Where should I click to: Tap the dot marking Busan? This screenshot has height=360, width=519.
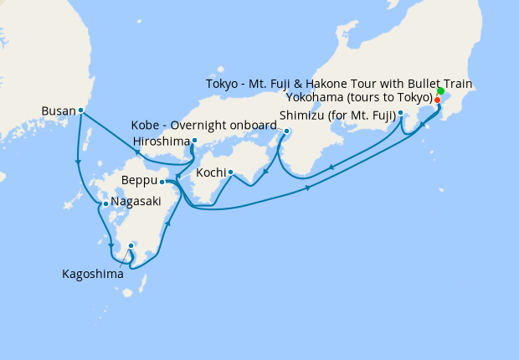[x=80, y=110]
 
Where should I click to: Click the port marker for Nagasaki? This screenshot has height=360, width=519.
[x=105, y=203]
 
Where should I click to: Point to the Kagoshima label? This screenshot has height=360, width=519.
[x=93, y=273]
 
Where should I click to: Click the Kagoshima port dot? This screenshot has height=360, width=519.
[x=131, y=245]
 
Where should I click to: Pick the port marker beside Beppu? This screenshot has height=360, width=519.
[x=162, y=181]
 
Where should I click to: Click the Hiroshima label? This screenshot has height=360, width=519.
[x=160, y=141]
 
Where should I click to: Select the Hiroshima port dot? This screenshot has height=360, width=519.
[x=194, y=141]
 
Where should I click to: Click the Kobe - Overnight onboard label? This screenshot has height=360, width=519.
[x=203, y=126]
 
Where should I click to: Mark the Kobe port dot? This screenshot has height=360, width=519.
[x=286, y=131]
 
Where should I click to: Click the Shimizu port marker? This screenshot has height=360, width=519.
[x=401, y=112]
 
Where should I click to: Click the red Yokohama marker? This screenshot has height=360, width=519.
[x=437, y=100]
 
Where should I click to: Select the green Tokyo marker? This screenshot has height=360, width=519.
[x=440, y=90]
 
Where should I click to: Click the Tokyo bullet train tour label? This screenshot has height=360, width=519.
[x=339, y=84]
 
